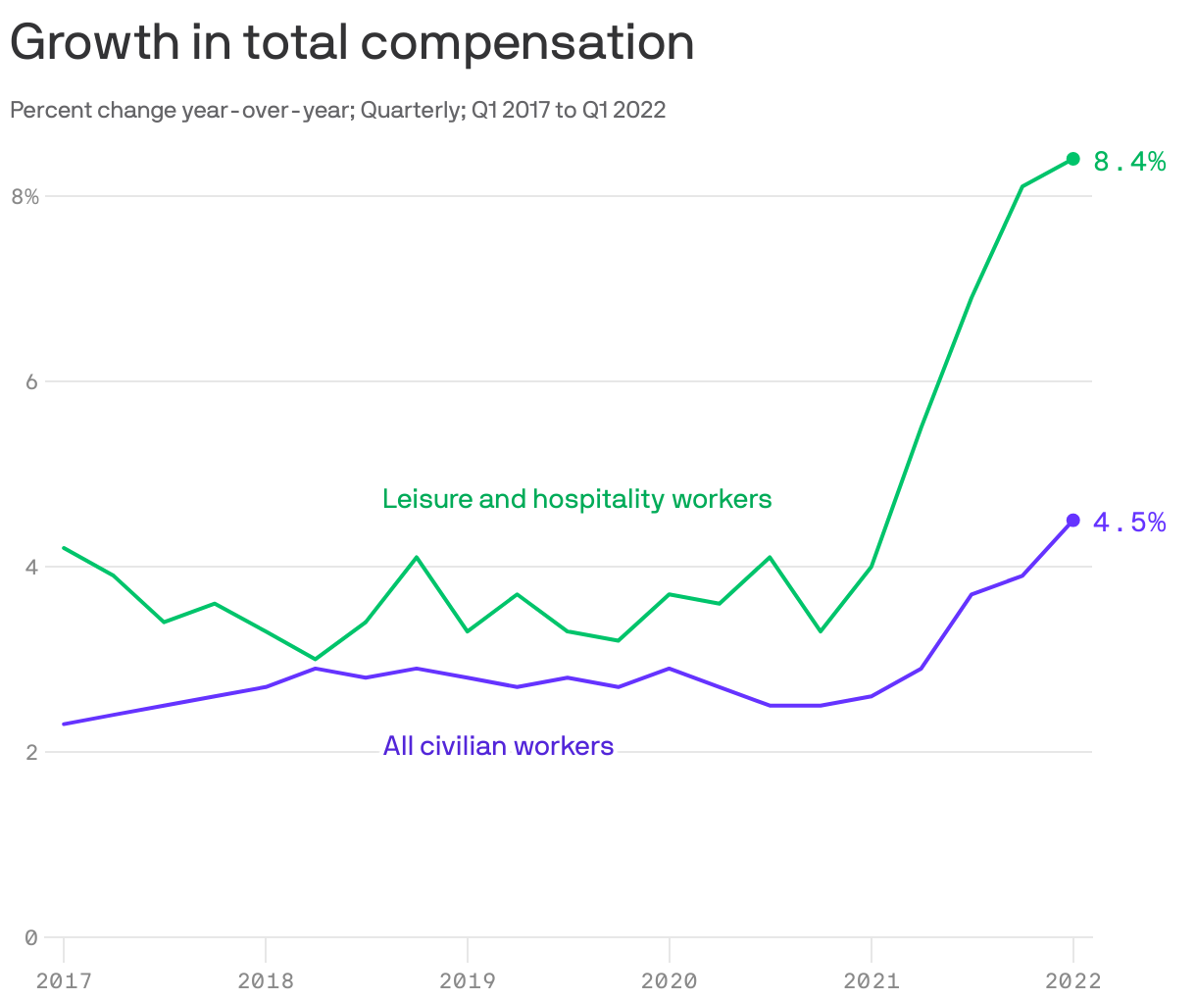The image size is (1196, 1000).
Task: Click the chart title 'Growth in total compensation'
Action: coord(352,43)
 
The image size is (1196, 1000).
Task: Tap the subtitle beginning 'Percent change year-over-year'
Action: coord(337,110)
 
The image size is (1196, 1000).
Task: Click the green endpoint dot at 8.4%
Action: coord(1072,159)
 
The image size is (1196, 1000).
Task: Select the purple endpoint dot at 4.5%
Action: coord(1072,521)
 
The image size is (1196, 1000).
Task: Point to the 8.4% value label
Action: coord(1129,162)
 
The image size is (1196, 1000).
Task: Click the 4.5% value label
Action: coord(1129,524)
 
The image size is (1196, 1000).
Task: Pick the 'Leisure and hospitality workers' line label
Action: coord(576,499)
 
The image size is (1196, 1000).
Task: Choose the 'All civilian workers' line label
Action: coord(498,746)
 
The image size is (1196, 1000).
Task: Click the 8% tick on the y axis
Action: coord(25,196)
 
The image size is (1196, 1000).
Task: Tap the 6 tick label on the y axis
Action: coord(31,381)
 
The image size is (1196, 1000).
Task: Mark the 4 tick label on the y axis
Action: coord(31,567)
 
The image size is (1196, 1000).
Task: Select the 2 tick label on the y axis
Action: coord(31,752)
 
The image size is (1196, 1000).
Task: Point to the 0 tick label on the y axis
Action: coord(31,937)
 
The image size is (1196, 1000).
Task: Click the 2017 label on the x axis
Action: coord(64,980)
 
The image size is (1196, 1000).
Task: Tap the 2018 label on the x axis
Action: coord(266,980)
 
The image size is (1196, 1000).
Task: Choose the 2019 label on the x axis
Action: coord(468,980)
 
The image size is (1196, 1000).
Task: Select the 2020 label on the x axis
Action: coord(669,980)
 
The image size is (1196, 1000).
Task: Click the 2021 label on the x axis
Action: coord(871,980)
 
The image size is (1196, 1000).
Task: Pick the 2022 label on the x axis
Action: coord(1072,980)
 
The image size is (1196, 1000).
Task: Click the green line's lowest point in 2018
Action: coord(316,659)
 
